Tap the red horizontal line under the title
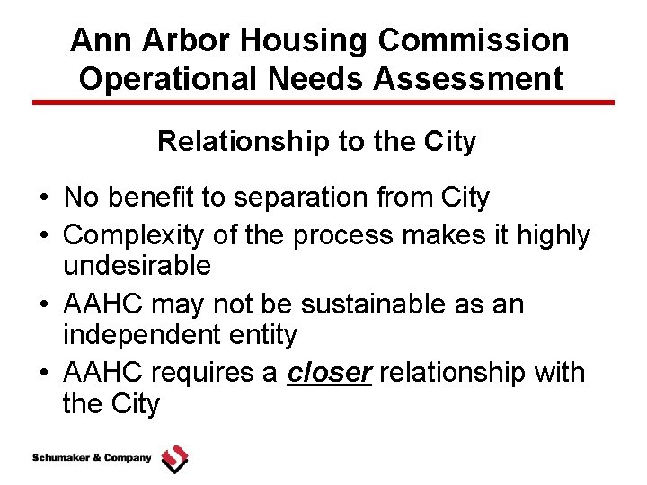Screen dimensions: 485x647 [323, 102]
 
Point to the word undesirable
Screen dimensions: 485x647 [137, 266]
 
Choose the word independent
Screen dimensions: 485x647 [141, 335]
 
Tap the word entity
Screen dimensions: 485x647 [263, 335]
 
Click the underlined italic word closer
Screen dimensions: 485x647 [329, 372]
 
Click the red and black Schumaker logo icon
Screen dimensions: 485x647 [174, 459]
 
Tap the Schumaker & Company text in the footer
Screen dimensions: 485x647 [92, 458]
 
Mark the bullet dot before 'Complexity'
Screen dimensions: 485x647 [43, 236]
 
